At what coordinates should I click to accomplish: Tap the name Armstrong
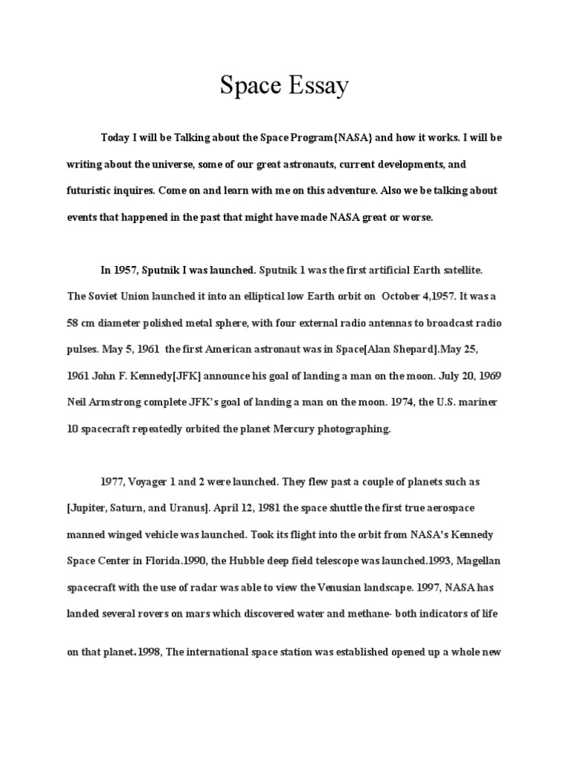(x=127, y=401)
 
